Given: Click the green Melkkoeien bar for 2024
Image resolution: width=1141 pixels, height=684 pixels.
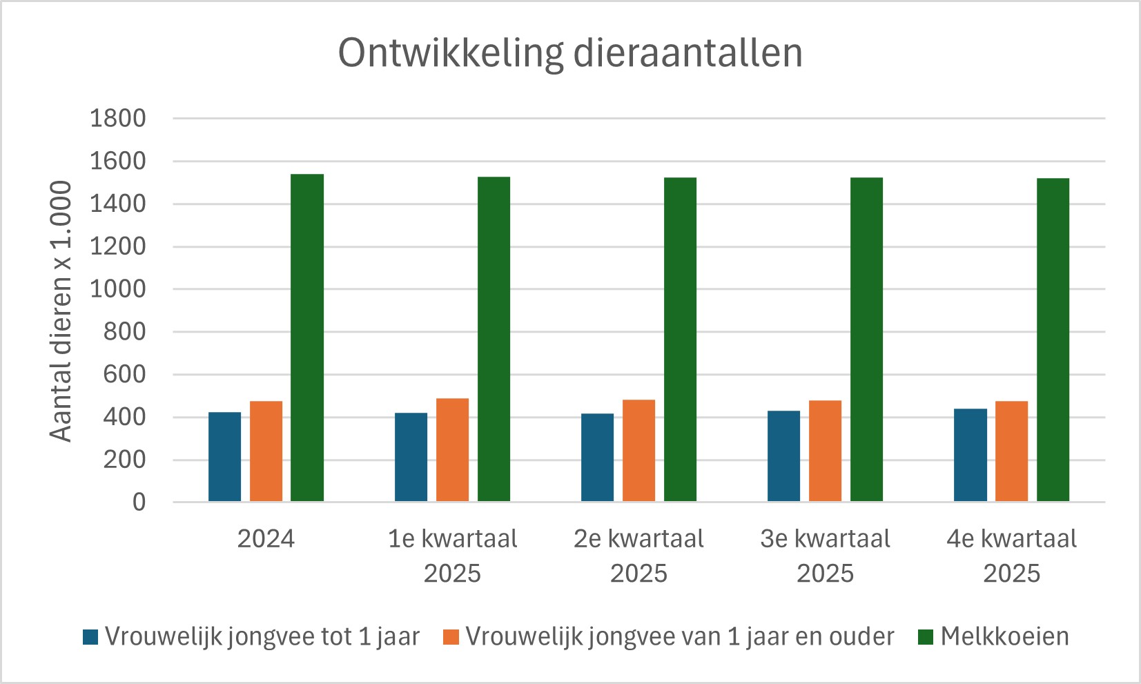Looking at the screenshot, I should (x=307, y=338).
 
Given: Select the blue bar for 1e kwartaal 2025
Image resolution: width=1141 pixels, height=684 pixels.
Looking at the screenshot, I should (x=411, y=457).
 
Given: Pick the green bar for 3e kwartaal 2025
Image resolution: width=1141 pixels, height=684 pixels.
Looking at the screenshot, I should (x=866, y=339).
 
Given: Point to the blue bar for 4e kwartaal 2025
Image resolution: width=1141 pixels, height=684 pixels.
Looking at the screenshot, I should (x=970, y=455).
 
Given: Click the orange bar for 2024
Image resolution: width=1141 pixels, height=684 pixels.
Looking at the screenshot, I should (x=266, y=451).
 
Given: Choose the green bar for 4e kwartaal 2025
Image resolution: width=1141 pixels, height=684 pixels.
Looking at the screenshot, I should (x=1053, y=340).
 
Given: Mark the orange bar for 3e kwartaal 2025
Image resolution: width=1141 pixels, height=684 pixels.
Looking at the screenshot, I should (x=825, y=451).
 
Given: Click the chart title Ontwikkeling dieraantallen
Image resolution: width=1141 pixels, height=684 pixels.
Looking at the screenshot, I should (x=570, y=52).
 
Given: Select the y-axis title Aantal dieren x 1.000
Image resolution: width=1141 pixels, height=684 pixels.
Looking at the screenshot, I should (x=61, y=311).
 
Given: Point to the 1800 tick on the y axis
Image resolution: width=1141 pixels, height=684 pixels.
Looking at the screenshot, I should (x=118, y=119).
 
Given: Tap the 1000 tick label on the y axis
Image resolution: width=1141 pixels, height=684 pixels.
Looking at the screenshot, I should (x=118, y=289).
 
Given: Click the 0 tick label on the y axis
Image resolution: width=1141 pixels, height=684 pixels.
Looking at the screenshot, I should (x=139, y=502).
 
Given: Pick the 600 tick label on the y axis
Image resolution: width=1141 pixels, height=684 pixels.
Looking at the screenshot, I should (x=125, y=375).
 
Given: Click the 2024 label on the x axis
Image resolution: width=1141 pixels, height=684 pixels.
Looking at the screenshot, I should (x=266, y=539).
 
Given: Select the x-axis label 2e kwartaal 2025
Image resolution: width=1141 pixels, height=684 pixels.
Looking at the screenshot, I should (x=638, y=556).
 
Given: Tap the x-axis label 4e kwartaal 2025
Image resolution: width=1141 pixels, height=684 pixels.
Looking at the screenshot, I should (x=1011, y=556).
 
